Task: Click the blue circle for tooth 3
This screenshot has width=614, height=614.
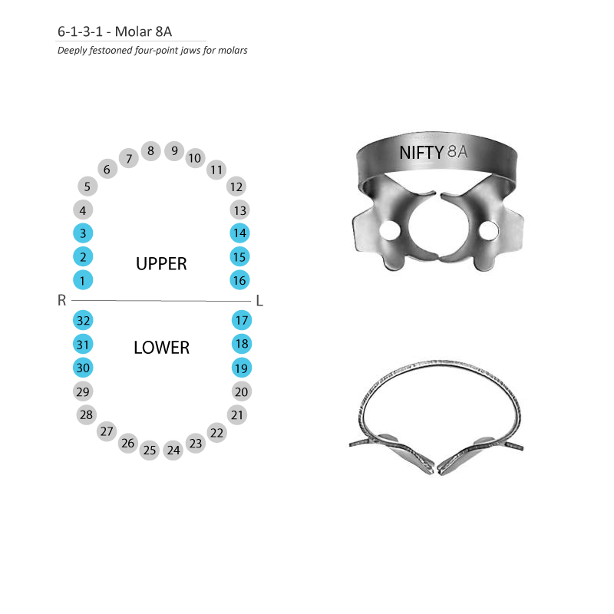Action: point(83,233)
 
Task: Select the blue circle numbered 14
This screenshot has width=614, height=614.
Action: point(239,233)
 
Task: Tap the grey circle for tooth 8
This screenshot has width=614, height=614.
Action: point(150,150)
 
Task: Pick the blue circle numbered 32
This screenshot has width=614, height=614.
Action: point(83,321)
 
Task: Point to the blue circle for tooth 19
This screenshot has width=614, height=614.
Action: point(242,368)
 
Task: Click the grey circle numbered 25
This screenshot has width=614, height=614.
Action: point(149,451)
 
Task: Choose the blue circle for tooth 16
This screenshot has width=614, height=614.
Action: point(239,280)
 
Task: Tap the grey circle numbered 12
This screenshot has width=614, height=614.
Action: point(236,187)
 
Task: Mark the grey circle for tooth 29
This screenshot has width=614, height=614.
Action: point(83,391)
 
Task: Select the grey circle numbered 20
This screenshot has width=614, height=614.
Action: point(242,391)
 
